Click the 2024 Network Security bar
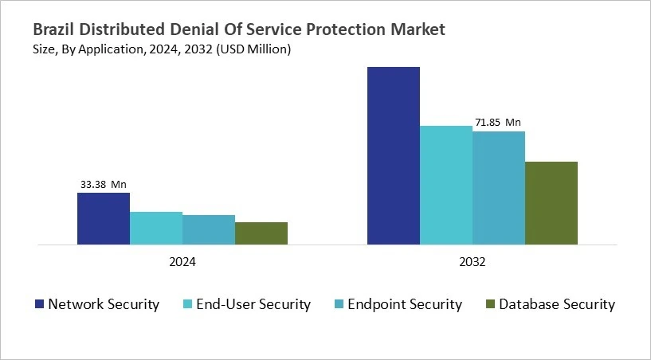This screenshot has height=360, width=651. [103, 218]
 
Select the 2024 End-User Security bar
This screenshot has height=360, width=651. [156, 228]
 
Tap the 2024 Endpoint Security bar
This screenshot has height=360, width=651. [209, 229]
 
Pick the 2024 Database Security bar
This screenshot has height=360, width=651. [261, 233]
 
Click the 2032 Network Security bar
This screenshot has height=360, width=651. [393, 155]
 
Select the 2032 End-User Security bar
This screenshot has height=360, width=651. [445, 185]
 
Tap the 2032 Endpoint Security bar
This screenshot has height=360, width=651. [498, 187]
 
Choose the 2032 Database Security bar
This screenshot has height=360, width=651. [551, 202]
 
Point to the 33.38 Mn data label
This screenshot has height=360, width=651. [103, 185]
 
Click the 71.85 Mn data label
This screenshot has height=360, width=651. [498, 123]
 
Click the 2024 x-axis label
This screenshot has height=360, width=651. [182, 261]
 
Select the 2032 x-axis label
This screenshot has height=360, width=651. [473, 261]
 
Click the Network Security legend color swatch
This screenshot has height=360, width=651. [39, 304]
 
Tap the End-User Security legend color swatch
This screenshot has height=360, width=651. [188, 304]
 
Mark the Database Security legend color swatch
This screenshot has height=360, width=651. [490, 304]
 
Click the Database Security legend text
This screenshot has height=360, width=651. [557, 304]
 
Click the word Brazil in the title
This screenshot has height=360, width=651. [54, 29]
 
